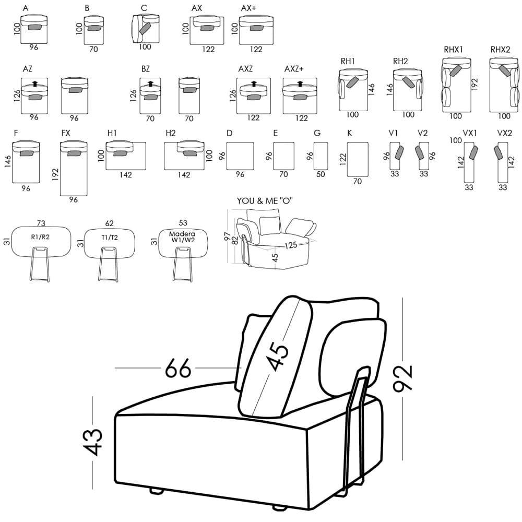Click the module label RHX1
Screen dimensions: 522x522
click(454, 50)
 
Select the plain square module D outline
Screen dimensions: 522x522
click(240, 156)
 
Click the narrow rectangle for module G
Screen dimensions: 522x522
click(321, 156)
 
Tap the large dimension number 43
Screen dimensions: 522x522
click(94, 442)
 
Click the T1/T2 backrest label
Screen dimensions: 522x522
click(109, 238)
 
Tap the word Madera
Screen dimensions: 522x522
click(182, 234)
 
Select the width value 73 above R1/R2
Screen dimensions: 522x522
click(41, 223)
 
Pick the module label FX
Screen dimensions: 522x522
click(66, 134)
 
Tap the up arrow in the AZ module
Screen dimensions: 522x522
click(35, 83)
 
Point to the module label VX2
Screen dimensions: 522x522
click(504, 134)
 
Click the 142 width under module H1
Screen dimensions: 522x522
click(126, 175)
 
